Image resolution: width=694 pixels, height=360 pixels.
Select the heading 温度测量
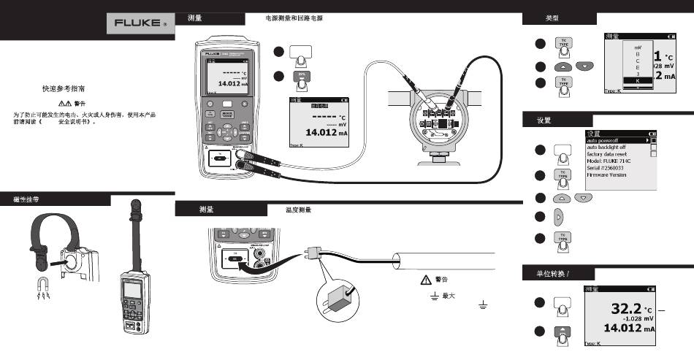tap(299, 210)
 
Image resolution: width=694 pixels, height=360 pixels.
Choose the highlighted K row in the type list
tap(638, 81)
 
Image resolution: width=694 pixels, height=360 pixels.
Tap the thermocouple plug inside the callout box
tap(338, 302)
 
